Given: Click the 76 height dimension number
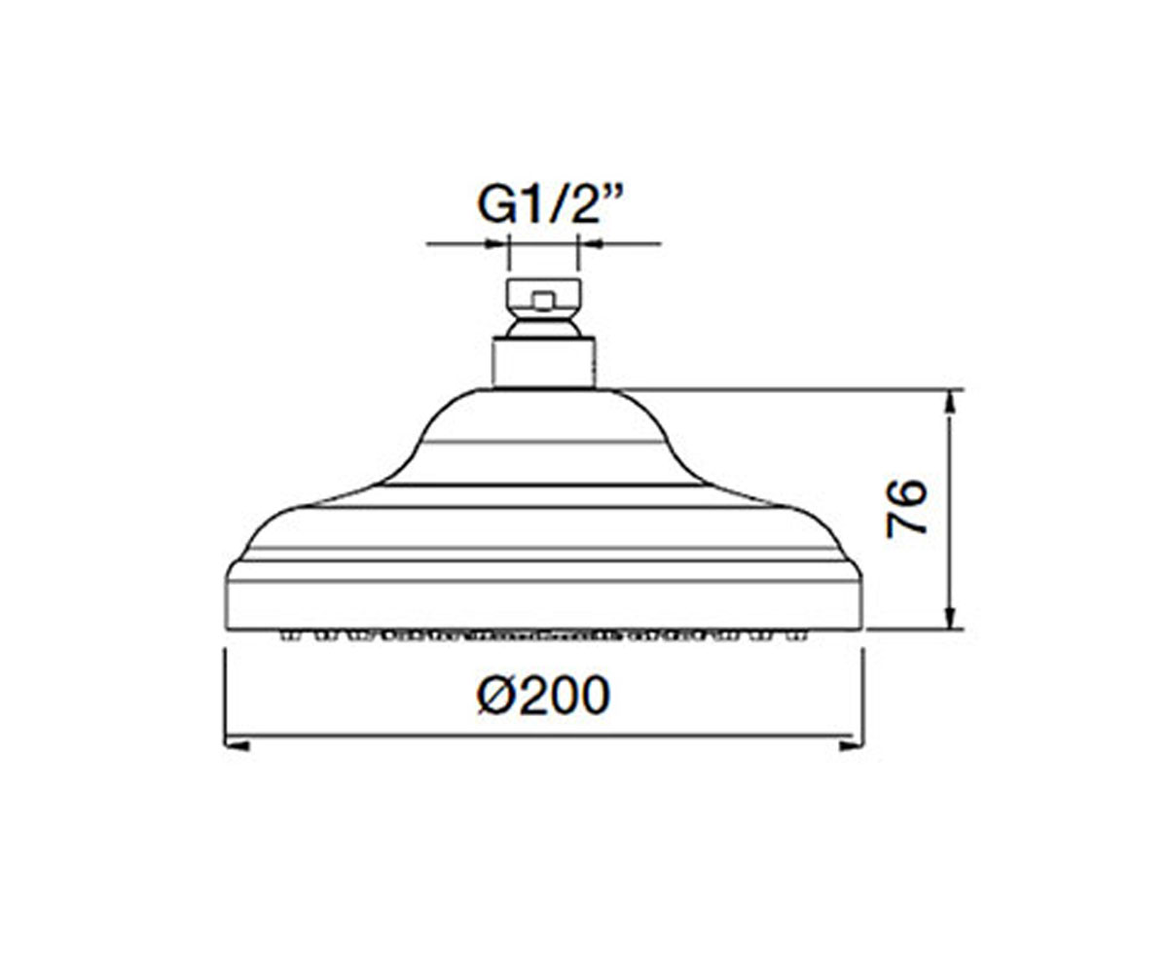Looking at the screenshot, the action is click(907, 508).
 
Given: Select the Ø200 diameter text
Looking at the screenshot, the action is click(543, 695).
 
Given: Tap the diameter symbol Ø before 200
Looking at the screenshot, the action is click(497, 695).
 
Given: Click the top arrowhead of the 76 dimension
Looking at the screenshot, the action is click(949, 403).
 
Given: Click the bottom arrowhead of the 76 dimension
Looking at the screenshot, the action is click(949, 617).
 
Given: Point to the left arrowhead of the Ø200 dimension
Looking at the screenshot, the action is click(237, 745).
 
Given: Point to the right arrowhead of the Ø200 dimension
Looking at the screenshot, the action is click(852, 745).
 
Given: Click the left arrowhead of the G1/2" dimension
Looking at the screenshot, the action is click(496, 243).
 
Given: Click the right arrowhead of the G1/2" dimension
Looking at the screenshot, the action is click(591, 243).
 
